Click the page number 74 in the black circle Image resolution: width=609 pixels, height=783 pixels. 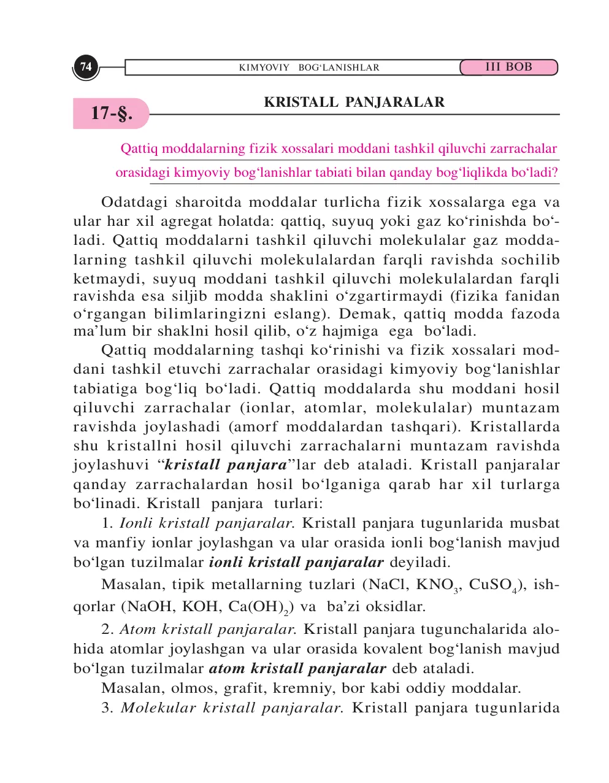pos(86,66)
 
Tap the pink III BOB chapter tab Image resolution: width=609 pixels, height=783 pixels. pos(508,67)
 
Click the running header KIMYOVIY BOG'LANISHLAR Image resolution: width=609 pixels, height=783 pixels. pos(309,67)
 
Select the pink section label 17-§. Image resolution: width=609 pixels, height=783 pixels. pos(112,113)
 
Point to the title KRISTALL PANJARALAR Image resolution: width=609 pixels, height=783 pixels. pos(354,102)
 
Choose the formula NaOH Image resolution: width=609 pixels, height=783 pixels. pos(150,607)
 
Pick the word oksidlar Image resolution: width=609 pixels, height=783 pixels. pos(395,607)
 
